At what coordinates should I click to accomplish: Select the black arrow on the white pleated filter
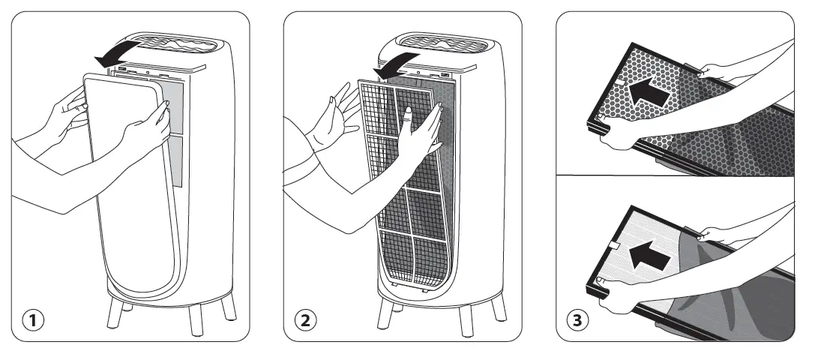(x=649, y=258)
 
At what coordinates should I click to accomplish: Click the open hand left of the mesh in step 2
(x=334, y=120)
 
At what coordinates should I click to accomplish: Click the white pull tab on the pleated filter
(x=613, y=245)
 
